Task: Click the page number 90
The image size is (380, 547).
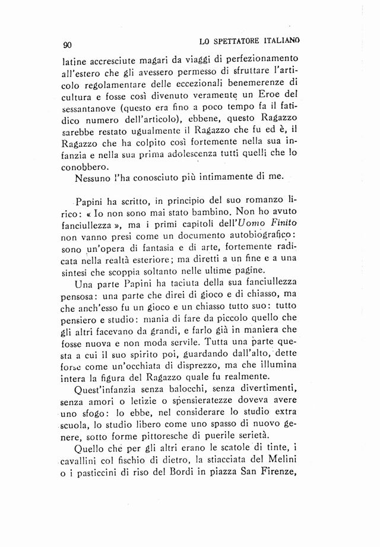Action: coord(67,44)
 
